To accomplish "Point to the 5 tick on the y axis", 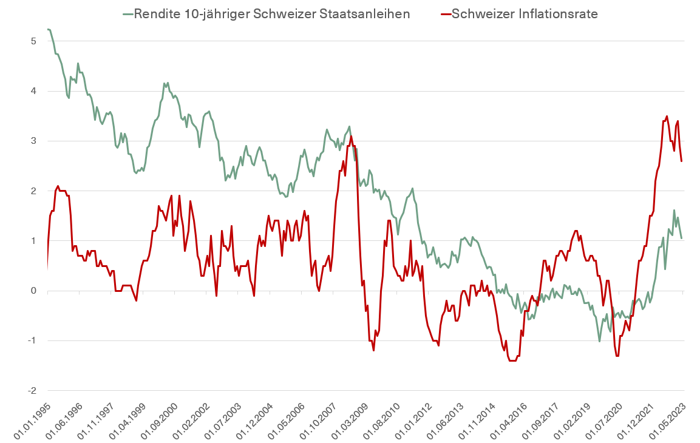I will (x=33, y=41).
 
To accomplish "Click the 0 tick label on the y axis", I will (x=33, y=291).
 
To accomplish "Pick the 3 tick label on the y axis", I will (x=33, y=141).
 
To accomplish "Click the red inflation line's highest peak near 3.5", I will (x=667, y=116).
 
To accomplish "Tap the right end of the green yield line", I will (x=682, y=238).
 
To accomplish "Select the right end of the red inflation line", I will (x=682, y=161).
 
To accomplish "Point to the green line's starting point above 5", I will (x=48, y=29).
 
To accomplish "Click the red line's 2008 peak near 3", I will (x=350, y=136).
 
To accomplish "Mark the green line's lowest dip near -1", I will (x=600, y=341).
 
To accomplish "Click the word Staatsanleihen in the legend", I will (x=370, y=14).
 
